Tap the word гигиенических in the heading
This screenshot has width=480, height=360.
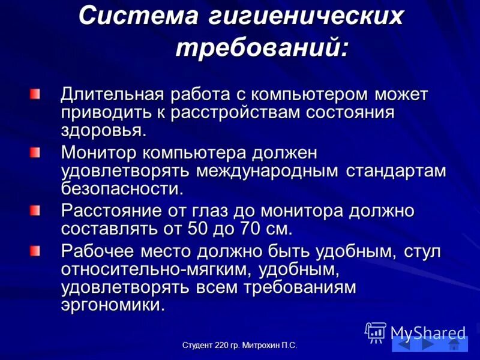coord(306,17)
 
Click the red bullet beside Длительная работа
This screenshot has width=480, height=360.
coord(37,94)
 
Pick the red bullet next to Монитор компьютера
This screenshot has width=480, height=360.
coord(37,154)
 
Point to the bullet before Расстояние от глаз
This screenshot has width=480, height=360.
coord(37,211)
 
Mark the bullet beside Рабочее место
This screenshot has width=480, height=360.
coord(37,250)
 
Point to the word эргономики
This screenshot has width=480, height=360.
coord(112,304)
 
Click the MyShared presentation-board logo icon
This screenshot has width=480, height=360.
coord(376,332)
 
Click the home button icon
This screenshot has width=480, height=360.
coord(454,344)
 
